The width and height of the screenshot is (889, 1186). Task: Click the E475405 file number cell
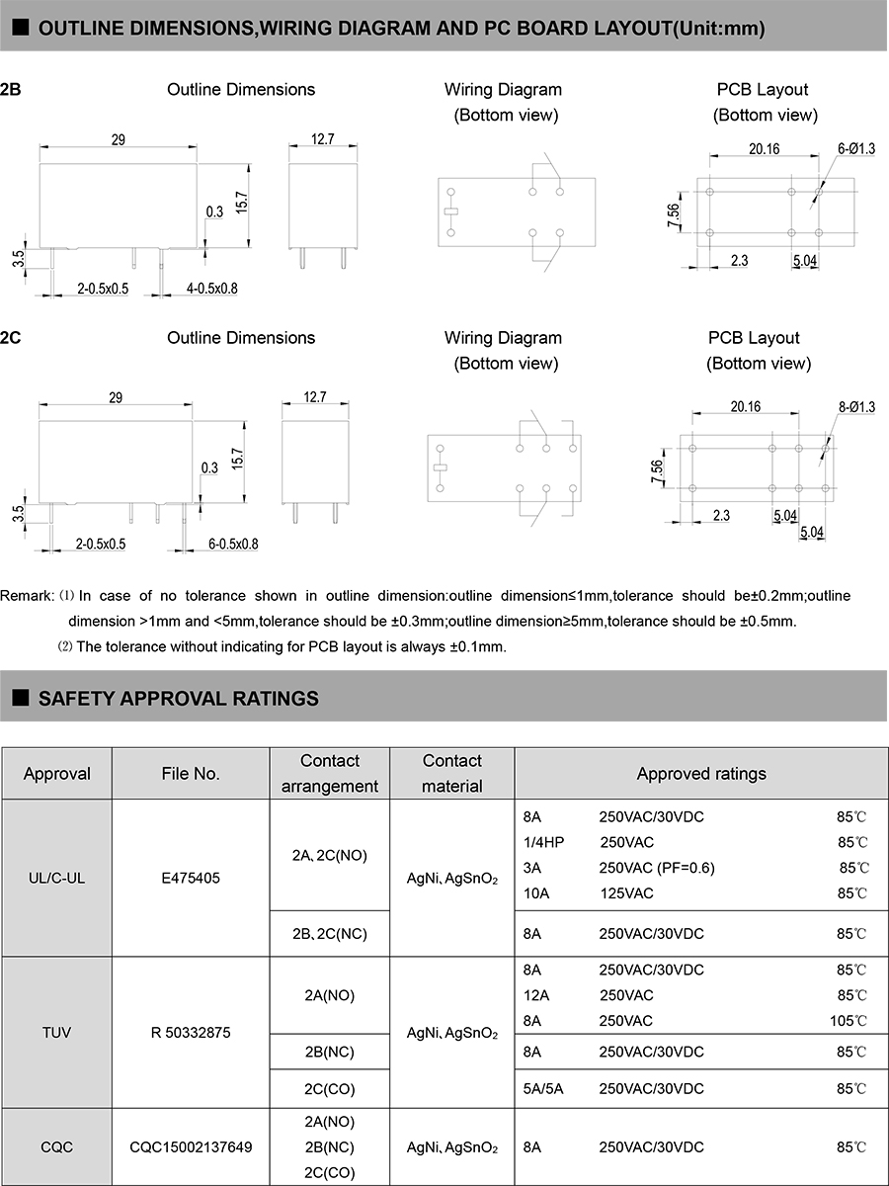[x=191, y=876]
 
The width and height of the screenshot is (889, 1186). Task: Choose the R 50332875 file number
[x=191, y=1033]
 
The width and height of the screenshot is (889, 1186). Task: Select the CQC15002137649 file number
[x=191, y=1147]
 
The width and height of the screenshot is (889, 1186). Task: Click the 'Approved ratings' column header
[x=700, y=774]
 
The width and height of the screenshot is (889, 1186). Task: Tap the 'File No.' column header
[x=191, y=774]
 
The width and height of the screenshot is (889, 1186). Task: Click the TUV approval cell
[x=56, y=1033]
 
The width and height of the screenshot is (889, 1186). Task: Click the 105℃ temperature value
[x=849, y=1021]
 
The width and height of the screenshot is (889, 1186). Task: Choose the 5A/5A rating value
[x=544, y=1088]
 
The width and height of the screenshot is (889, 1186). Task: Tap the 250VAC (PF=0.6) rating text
[x=657, y=868]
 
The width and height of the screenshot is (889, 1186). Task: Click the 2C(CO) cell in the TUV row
[x=330, y=1088]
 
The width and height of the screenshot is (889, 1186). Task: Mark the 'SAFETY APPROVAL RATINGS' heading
[x=178, y=699]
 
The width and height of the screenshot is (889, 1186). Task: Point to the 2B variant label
[x=11, y=90]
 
